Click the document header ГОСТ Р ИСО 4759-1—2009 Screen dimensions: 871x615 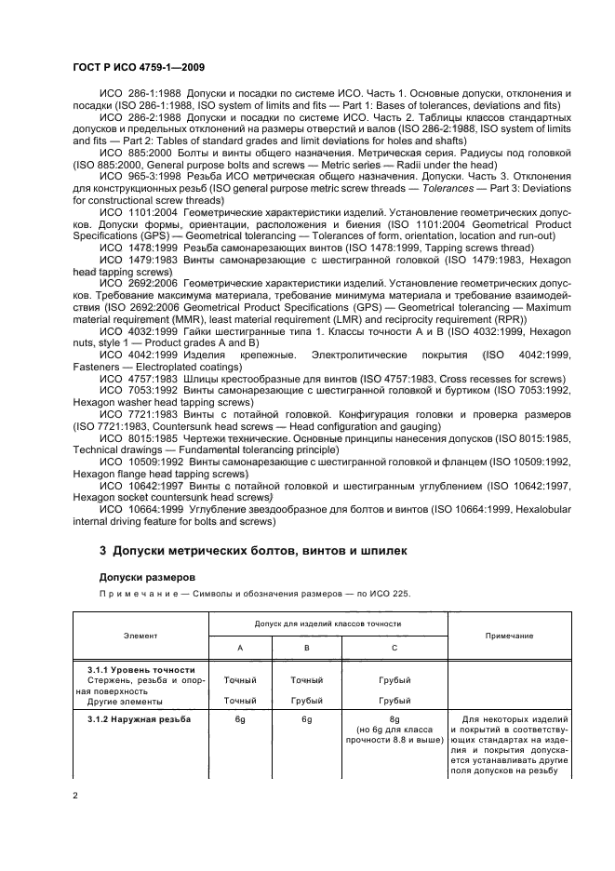[137, 68]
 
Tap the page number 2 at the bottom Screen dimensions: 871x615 [77, 794]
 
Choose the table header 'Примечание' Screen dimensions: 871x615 [509, 635]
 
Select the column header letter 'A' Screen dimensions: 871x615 [240, 648]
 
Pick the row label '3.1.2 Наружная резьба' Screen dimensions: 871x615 [140, 718]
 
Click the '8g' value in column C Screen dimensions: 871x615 [394, 718]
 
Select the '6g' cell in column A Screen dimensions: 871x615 [240, 718]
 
